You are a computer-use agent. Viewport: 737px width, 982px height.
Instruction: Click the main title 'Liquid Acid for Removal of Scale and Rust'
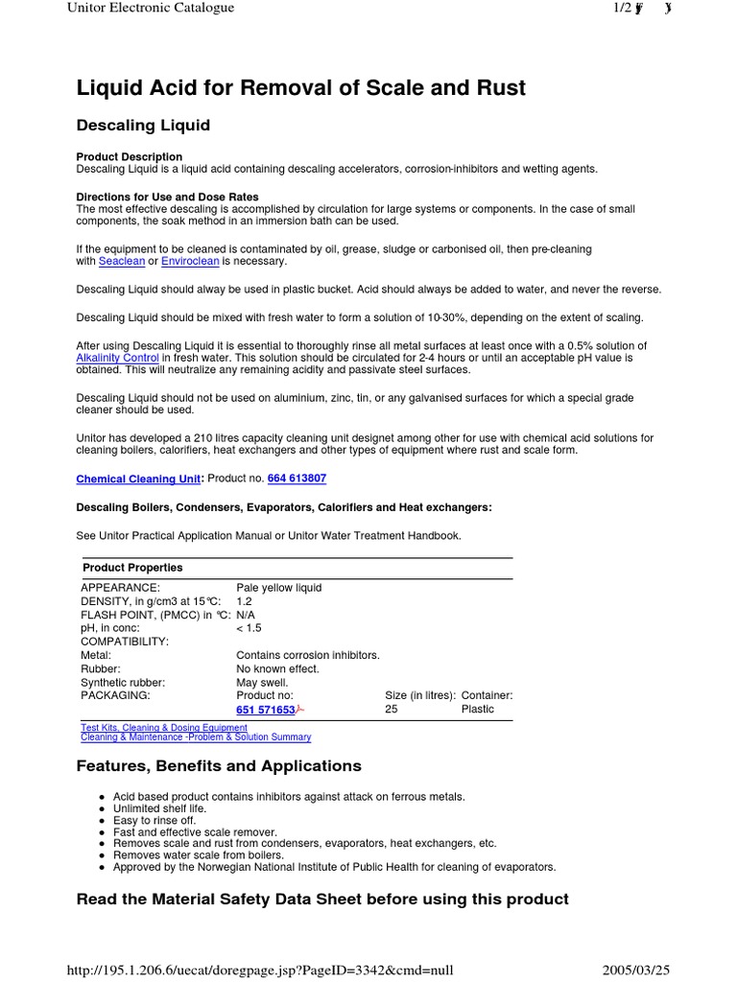pyautogui.click(x=300, y=88)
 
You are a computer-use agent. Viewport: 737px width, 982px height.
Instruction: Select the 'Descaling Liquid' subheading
pyautogui.click(x=143, y=126)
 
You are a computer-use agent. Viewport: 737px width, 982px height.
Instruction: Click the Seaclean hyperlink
pyautogui.click(x=122, y=261)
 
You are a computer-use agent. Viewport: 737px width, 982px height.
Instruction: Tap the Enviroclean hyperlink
pyautogui.click(x=191, y=261)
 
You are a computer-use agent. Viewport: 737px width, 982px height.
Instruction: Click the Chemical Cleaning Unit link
pyautogui.click(x=138, y=479)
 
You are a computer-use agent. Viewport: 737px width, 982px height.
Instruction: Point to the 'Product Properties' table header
pyautogui.click(x=132, y=568)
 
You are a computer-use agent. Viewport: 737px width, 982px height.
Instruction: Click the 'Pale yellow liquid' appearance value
pyautogui.click(x=278, y=588)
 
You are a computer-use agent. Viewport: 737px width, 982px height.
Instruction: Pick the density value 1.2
pyautogui.click(x=244, y=601)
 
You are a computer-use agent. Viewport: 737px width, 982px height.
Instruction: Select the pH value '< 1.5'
pyautogui.click(x=248, y=628)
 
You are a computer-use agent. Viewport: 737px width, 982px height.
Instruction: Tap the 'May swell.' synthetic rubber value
pyautogui.click(x=261, y=683)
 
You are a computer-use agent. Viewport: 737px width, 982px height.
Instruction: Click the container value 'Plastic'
pyautogui.click(x=477, y=710)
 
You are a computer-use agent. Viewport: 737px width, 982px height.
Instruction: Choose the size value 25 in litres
pyautogui.click(x=391, y=710)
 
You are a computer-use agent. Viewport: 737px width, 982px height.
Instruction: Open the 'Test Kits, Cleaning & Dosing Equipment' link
pyautogui.click(x=164, y=728)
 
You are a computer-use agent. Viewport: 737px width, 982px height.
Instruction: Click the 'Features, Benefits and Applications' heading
pyautogui.click(x=219, y=766)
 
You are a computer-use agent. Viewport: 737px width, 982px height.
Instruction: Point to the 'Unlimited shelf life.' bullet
pyautogui.click(x=159, y=808)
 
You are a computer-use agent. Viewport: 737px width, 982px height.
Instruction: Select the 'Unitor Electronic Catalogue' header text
pyautogui.click(x=150, y=8)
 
